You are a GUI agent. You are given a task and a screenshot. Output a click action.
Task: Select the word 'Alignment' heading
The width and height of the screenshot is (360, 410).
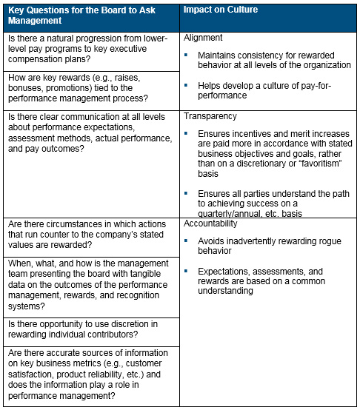202,37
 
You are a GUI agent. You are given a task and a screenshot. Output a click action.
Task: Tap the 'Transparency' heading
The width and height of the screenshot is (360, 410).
210,117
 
